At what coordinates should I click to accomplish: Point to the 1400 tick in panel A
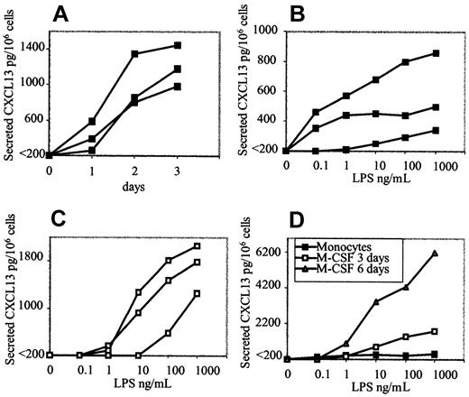[x=35, y=44]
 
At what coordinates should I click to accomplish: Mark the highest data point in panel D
[x=436, y=254]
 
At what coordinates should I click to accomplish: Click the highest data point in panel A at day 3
[x=178, y=45]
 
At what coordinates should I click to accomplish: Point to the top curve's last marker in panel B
[x=436, y=53]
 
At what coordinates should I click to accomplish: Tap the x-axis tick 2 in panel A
[x=134, y=167]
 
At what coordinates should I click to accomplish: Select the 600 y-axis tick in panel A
[x=38, y=119]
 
